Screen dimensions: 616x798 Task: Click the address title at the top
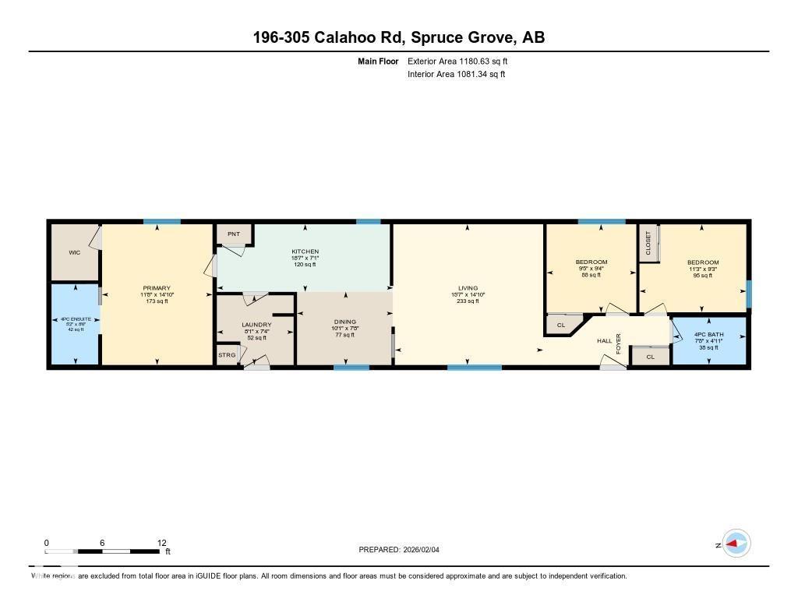pos(398,37)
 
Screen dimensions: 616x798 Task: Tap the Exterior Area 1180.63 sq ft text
pos(457,61)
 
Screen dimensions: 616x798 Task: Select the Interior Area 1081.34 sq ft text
pos(456,75)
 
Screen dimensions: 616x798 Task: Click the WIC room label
pos(74,252)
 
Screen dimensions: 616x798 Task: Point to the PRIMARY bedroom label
pos(157,288)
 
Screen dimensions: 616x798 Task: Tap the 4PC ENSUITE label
pos(75,319)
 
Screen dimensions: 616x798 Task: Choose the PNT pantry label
pos(233,234)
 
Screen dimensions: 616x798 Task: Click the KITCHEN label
pos(305,252)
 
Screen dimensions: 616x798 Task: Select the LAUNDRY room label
pos(256,324)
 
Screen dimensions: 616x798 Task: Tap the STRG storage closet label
pos(227,355)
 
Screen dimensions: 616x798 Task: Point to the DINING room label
pos(344,322)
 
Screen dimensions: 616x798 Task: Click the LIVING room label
pos(468,288)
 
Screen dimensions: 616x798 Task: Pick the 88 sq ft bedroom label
pos(591,262)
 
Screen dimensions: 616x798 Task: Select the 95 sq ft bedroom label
pos(702,262)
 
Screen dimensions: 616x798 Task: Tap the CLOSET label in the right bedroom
pos(648,243)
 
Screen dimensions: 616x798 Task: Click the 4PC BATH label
pos(708,335)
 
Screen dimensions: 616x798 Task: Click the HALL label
pos(605,341)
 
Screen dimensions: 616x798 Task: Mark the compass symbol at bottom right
pos(736,544)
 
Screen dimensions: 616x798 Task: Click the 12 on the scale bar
pos(161,543)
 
